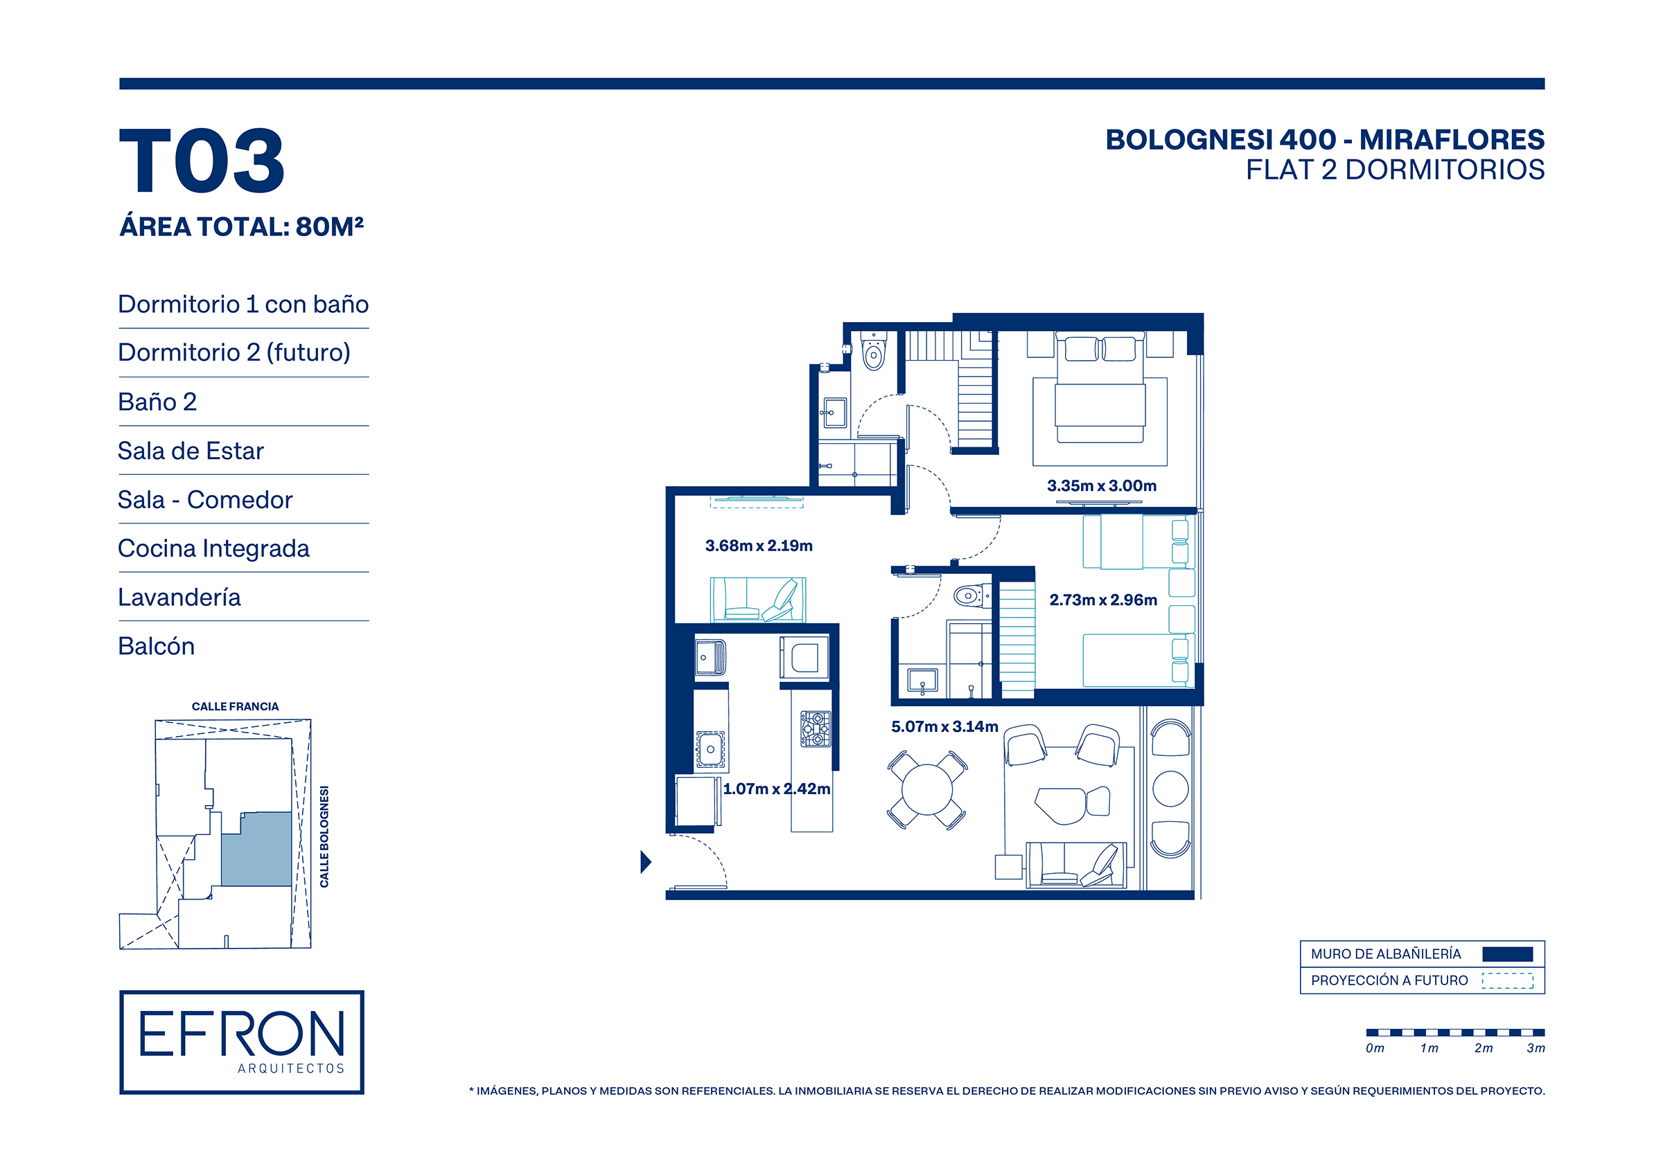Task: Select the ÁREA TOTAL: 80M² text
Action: (241, 226)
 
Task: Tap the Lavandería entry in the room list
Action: (179, 598)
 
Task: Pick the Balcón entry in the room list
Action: (157, 646)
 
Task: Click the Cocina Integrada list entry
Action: (213, 549)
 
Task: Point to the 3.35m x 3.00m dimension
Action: (1102, 486)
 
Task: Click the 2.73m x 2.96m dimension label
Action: (1103, 600)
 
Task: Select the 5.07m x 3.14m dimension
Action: (944, 726)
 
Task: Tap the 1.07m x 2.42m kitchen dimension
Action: (777, 789)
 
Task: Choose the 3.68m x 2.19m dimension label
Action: (759, 546)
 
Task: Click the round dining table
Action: (927, 790)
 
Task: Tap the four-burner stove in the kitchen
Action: (816, 729)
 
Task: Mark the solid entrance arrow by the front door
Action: (646, 862)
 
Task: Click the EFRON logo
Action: (242, 1042)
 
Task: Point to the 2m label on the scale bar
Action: (1484, 1048)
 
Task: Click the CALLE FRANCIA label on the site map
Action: (235, 707)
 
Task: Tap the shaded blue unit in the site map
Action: (256, 849)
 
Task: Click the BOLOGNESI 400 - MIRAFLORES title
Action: (1325, 140)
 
